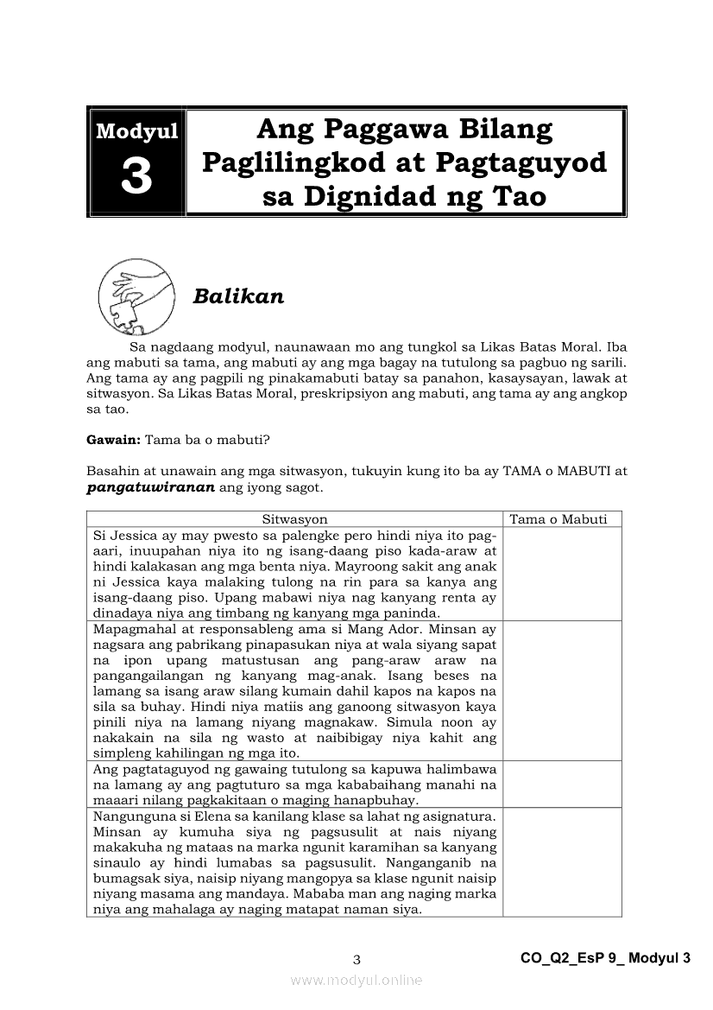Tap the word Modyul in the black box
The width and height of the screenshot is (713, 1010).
(x=136, y=131)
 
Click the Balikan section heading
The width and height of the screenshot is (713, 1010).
(x=238, y=296)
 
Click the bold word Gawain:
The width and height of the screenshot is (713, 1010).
(x=113, y=439)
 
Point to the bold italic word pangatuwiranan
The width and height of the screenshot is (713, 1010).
(x=151, y=487)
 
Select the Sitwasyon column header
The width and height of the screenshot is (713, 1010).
(x=294, y=519)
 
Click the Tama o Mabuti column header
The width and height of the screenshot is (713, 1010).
(x=558, y=519)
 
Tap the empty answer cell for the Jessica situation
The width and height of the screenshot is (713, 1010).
(x=561, y=574)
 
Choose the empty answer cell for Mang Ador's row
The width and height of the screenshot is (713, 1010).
(x=561, y=690)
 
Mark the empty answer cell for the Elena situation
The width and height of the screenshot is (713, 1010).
(x=561, y=861)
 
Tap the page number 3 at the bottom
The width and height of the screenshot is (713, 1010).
(x=356, y=959)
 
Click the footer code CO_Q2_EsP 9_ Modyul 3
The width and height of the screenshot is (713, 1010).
(x=606, y=958)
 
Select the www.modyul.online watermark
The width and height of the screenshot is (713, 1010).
(x=356, y=980)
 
